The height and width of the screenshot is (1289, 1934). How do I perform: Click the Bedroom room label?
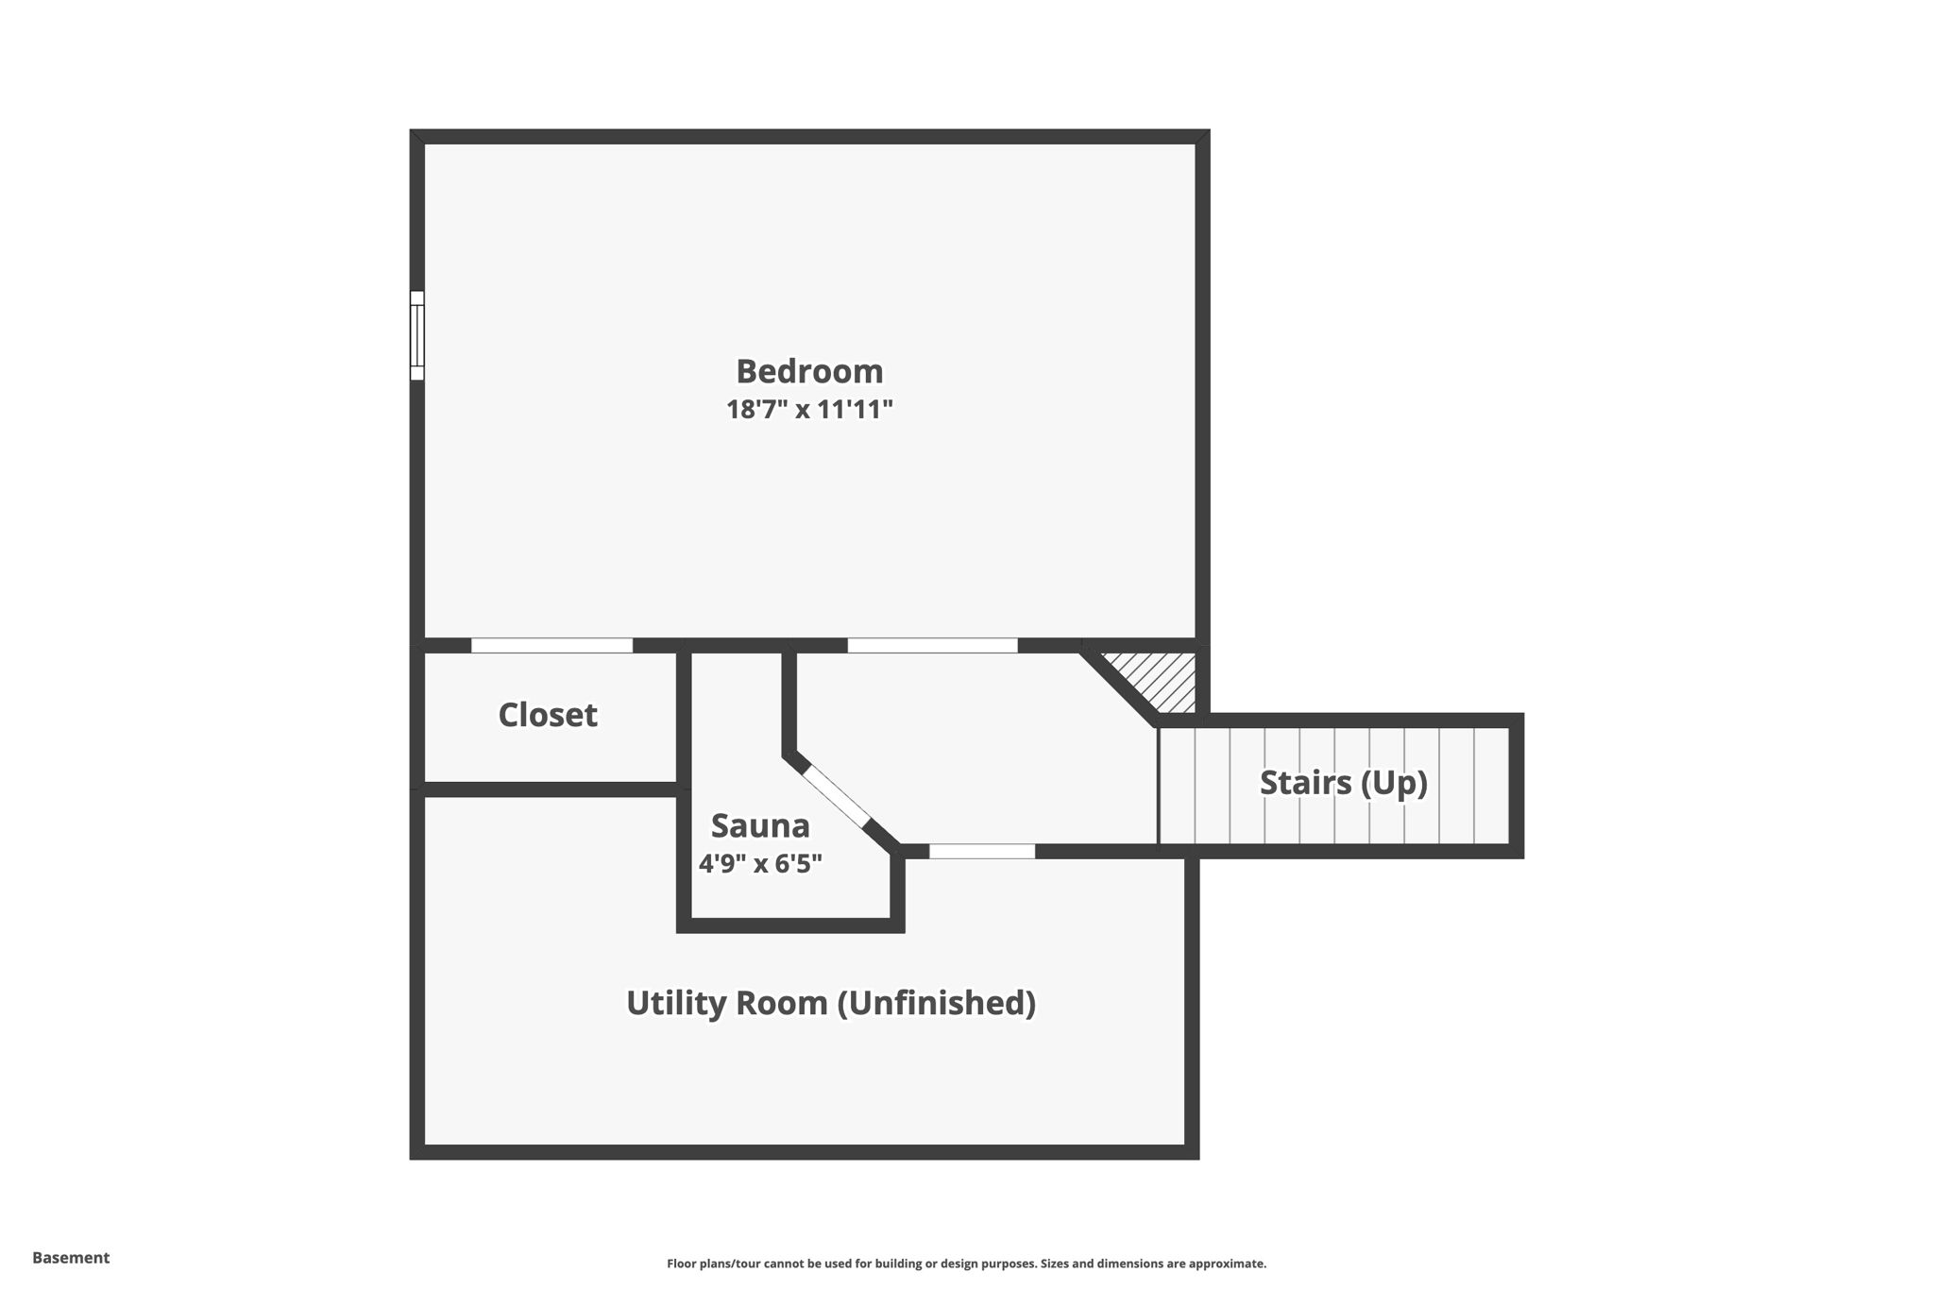(x=809, y=371)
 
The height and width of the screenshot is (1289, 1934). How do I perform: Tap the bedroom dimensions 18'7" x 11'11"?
(x=809, y=410)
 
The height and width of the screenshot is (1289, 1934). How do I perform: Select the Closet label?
(x=548, y=715)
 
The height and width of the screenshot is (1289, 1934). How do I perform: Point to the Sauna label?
(x=760, y=825)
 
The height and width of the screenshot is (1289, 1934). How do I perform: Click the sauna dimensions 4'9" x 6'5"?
(x=760, y=863)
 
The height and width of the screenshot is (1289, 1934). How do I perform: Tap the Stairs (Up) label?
(x=1343, y=783)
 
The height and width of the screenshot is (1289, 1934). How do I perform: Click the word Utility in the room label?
(x=677, y=1002)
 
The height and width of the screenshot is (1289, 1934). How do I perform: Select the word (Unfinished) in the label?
(x=937, y=1002)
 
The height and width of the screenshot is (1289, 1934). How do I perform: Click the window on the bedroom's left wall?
(x=416, y=335)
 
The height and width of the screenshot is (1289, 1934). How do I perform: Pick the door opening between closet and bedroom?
(x=551, y=646)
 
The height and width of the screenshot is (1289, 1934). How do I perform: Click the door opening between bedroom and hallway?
(x=932, y=646)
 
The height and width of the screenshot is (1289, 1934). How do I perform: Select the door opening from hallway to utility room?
(x=982, y=851)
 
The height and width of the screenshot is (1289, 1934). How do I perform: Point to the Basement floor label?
(x=71, y=1258)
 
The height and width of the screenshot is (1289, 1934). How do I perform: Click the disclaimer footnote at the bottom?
(x=966, y=1264)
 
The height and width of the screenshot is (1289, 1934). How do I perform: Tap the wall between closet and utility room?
(x=551, y=789)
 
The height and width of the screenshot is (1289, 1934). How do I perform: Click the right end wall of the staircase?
(x=1516, y=786)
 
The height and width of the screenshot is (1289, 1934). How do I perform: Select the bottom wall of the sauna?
(x=790, y=925)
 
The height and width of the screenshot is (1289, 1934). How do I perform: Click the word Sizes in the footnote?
(x=1057, y=1264)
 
